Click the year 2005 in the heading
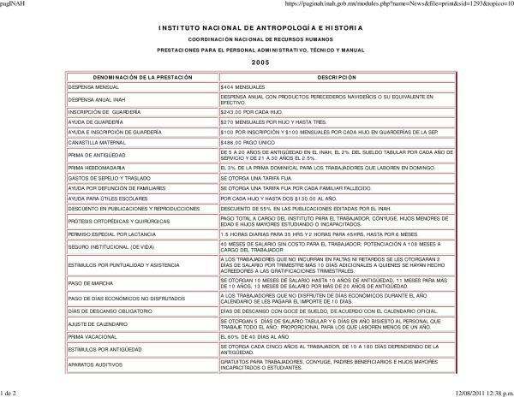[x=260, y=63]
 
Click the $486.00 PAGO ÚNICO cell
[x=248, y=142]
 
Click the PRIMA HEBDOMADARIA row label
[x=93, y=167]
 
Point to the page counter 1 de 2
[x=13, y=391]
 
